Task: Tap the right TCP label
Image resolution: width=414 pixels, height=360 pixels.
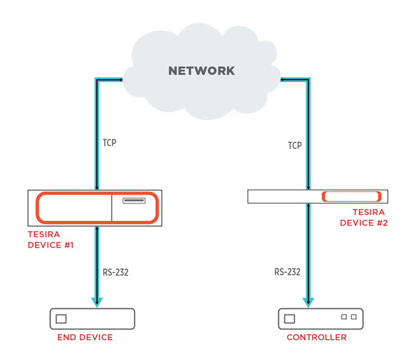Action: click(x=295, y=146)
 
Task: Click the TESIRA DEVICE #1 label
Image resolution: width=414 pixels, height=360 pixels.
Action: click(x=50, y=240)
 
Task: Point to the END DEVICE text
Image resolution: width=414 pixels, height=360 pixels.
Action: click(x=85, y=337)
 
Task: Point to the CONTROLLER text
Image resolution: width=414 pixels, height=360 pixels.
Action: click(x=317, y=337)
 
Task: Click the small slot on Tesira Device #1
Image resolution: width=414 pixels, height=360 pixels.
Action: click(x=135, y=201)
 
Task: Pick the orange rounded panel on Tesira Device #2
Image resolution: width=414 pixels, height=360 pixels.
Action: click(x=352, y=197)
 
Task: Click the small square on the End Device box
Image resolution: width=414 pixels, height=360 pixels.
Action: click(x=61, y=319)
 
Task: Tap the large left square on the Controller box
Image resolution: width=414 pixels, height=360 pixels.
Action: click(x=288, y=319)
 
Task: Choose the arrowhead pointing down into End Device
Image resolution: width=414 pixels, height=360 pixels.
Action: click(x=97, y=303)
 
